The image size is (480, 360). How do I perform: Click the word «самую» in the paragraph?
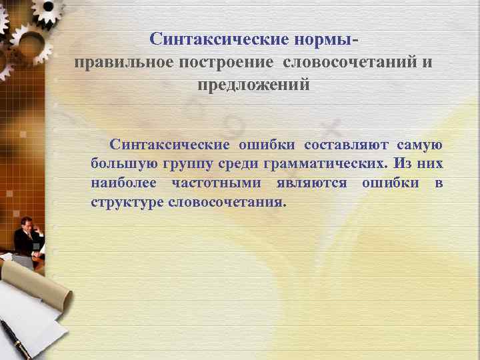click(420, 145)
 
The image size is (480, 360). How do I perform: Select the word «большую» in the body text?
click(120, 163)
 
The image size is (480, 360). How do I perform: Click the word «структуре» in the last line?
click(127, 201)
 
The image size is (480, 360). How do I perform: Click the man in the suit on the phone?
click(28, 237)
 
